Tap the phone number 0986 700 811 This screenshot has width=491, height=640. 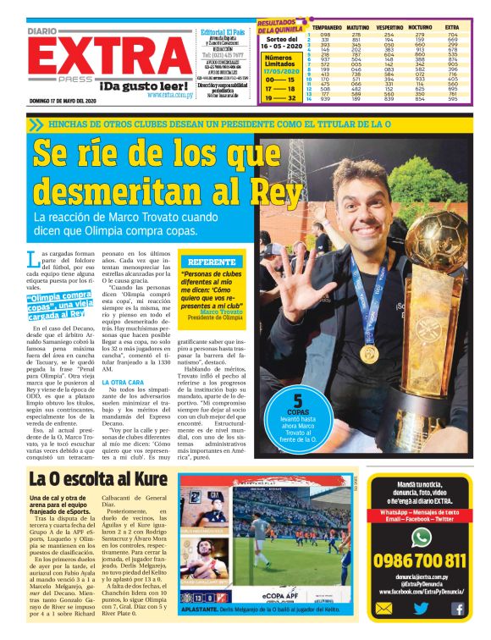(419, 560)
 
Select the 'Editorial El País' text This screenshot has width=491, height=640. (224, 32)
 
